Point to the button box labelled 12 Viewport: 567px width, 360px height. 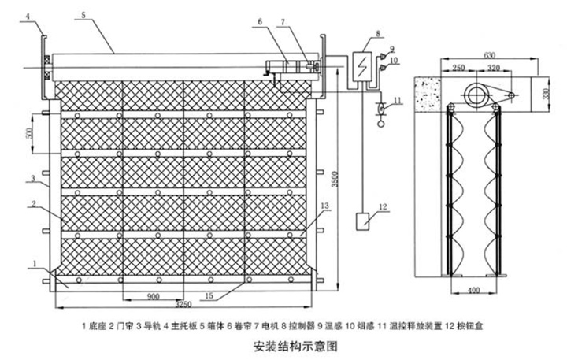365,222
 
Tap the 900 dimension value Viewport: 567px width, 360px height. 154,295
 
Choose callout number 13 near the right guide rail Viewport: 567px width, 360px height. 324,205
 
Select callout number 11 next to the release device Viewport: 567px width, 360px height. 398,100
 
